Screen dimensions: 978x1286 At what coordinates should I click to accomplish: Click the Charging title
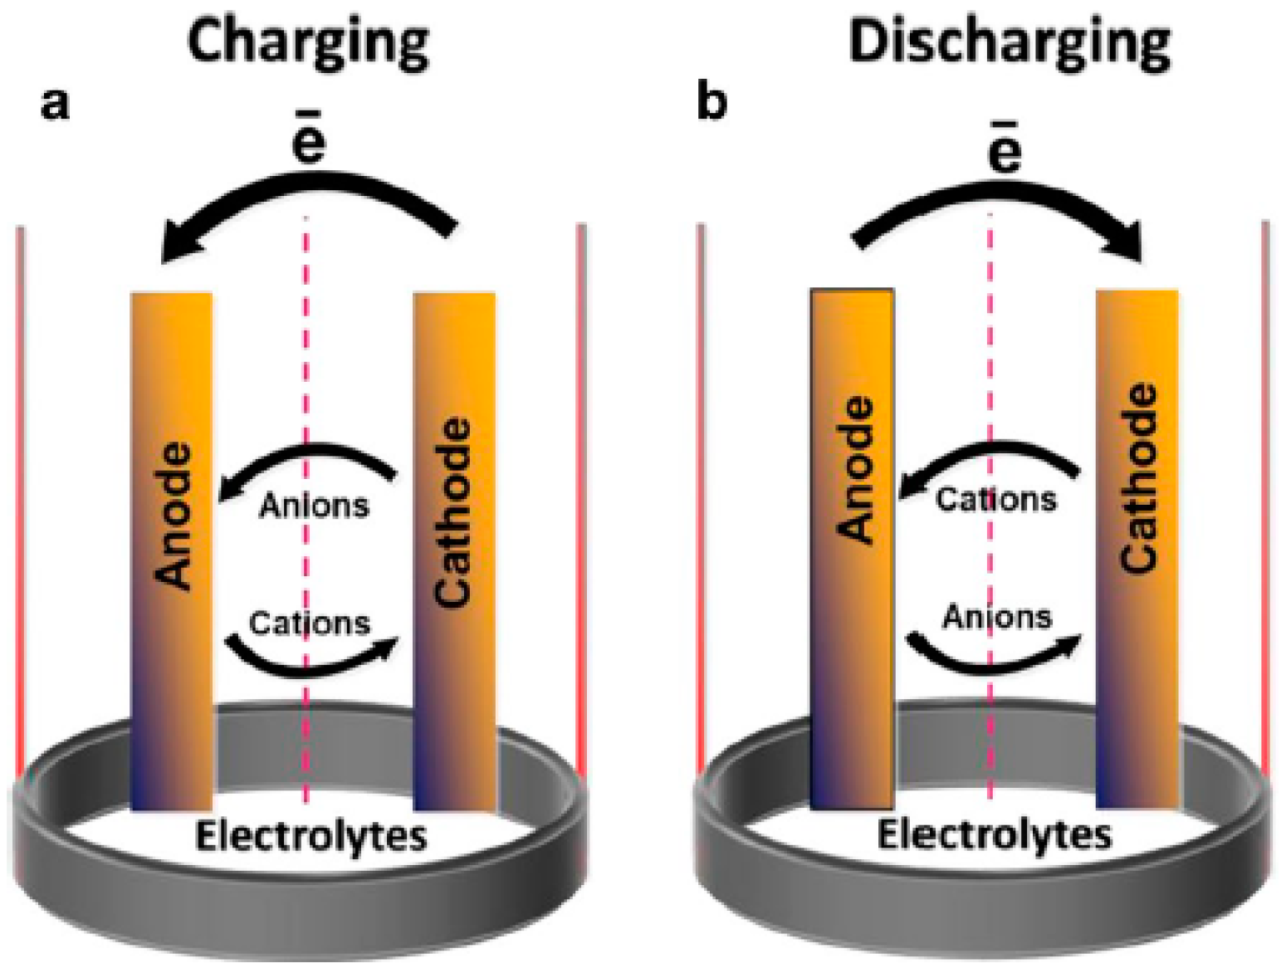coord(308,43)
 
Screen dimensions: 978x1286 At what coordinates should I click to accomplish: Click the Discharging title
coord(1009,43)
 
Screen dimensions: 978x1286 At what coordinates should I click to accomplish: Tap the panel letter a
coord(55,105)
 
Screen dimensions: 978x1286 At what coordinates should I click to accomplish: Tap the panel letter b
coord(712,102)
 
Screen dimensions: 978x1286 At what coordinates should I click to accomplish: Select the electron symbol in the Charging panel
coord(308,141)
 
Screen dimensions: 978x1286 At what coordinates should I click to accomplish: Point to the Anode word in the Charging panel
coord(174,516)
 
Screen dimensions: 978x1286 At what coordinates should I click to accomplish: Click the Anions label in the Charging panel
coord(314,505)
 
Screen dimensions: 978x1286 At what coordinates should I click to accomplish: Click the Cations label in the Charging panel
coord(310,623)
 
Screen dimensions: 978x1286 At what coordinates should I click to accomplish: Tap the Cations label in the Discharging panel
coord(996,499)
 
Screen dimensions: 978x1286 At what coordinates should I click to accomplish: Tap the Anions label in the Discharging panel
coord(997,617)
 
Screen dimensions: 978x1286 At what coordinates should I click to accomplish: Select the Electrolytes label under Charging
coord(310,837)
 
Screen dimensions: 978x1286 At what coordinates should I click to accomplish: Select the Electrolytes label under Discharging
coord(994,835)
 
